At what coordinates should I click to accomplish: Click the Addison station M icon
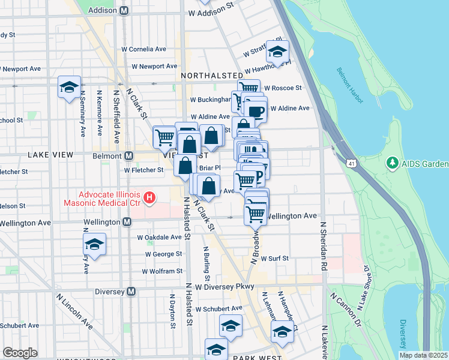(x=124, y=11)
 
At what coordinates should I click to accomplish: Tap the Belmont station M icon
(x=128, y=156)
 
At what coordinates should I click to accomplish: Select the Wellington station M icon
(x=127, y=222)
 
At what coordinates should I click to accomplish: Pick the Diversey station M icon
(x=131, y=292)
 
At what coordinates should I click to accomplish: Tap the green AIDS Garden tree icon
(x=393, y=163)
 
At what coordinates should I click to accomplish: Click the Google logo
(x=20, y=353)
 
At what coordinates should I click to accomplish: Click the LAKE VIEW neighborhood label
(x=50, y=155)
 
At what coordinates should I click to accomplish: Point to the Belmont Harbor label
(x=349, y=85)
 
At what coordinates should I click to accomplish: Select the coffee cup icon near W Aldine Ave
(x=256, y=111)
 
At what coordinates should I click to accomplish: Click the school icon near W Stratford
(x=278, y=52)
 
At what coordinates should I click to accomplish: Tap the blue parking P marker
(x=259, y=176)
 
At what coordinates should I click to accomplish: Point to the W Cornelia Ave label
(x=144, y=49)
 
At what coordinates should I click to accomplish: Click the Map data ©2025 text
(x=423, y=355)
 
